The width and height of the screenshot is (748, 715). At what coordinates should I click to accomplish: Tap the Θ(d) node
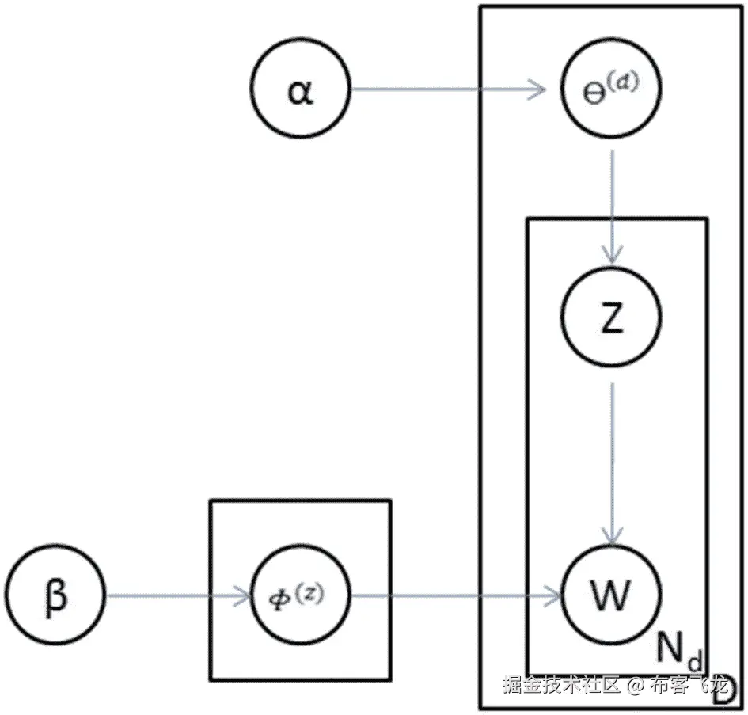611,89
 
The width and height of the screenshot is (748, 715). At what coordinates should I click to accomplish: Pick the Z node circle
611,318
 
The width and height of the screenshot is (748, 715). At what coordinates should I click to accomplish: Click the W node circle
611,595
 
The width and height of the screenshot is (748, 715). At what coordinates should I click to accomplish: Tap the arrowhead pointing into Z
612,253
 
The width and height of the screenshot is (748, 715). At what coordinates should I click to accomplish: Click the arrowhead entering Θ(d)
539,89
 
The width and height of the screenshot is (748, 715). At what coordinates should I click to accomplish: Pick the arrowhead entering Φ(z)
241,596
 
